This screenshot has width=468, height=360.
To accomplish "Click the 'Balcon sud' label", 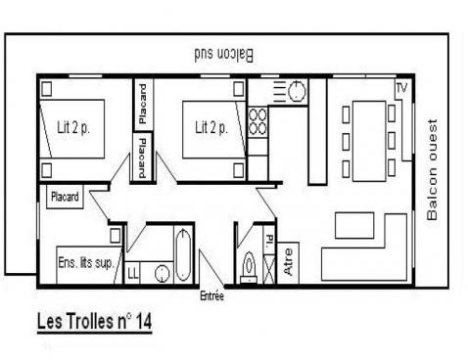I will [x=222, y=57].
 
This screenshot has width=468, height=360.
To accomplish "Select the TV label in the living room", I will [x=400, y=89].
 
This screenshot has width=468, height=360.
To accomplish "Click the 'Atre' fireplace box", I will [x=289, y=263].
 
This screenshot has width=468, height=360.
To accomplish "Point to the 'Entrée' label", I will [x=212, y=295].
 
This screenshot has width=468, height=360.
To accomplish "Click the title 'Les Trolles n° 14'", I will [x=94, y=320].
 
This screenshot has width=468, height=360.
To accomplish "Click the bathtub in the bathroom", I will [x=183, y=255].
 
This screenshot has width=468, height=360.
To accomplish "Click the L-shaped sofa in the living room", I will [x=392, y=249].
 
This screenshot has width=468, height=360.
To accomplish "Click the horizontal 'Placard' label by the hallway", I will [x=66, y=197].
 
